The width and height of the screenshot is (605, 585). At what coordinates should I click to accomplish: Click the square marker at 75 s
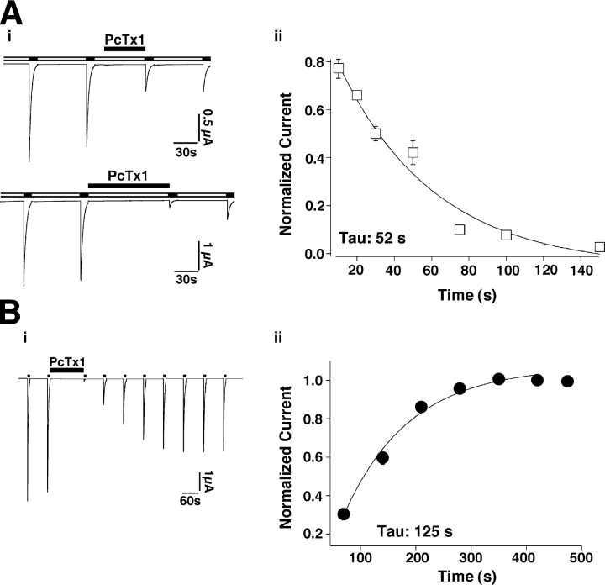pos(460,229)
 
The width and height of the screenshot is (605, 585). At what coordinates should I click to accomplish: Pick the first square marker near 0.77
pos(339,69)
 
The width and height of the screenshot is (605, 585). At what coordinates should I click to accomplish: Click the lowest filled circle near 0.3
pos(344,514)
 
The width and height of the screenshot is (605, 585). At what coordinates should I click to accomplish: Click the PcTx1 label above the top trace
pos(124,38)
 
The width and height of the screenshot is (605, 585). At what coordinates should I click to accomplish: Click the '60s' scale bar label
pos(192,502)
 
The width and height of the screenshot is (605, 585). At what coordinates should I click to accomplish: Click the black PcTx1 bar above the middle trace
pos(129,185)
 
